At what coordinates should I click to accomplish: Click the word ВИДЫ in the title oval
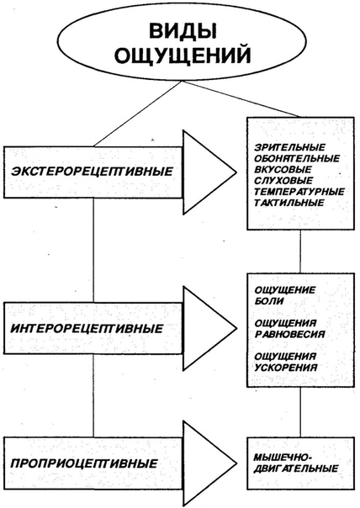(183, 32)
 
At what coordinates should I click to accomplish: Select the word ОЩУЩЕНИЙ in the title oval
(183, 55)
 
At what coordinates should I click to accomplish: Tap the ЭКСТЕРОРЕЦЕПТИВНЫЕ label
(92, 171)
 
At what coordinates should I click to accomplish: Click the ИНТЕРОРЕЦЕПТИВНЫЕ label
(87, 329)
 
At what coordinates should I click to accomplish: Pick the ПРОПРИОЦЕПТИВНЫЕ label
(84, 463)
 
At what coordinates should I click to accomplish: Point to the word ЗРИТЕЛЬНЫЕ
(289, 147)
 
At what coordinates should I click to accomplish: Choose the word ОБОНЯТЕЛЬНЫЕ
(297, 158)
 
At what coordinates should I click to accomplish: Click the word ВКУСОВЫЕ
(283, 169)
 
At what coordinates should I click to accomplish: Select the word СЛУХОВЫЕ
(283, 181)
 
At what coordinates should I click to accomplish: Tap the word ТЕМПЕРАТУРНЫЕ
(299, 192)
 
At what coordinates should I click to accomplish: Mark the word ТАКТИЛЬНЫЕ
(289, 203)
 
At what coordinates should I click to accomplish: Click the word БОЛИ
(269, 301)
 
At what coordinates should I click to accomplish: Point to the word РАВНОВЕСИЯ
(289, 334)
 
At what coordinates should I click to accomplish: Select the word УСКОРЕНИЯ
(285, 368)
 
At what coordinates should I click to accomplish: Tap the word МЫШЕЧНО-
(283, 458)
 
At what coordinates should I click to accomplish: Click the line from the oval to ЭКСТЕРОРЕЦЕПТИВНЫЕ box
(137, 114)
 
